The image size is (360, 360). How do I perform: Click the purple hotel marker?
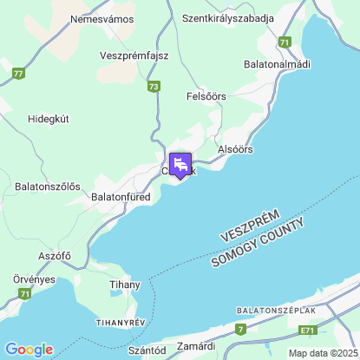[180, 164]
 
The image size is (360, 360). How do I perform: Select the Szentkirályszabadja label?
[228, 18]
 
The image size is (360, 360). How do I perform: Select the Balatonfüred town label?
[121, 198]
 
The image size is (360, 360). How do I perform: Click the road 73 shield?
[154, 87]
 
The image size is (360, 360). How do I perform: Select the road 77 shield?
[19, 75]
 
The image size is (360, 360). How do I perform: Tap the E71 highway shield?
[306, 331]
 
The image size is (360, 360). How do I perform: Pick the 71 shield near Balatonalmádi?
[285, 42]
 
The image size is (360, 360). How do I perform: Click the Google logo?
[29, 350]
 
